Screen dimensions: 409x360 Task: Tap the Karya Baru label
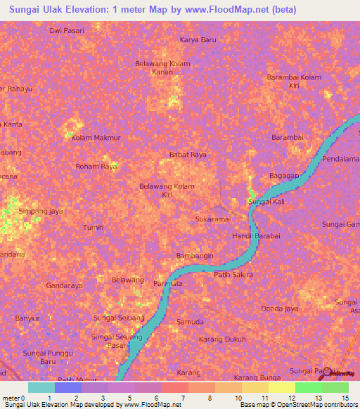point(198,40)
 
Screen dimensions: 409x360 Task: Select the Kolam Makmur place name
point(96,138)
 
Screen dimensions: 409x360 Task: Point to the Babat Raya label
point(188,154)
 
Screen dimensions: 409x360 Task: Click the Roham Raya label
point(96,167)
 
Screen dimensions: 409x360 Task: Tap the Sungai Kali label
point(266,202)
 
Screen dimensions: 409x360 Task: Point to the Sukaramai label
point(212,219)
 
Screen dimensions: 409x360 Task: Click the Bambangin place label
point(194,256)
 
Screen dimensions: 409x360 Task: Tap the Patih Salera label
point(233,275)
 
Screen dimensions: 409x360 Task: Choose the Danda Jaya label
point(280,309)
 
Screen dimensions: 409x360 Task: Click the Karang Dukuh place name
point(221,339)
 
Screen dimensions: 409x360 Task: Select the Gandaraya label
point(64,286)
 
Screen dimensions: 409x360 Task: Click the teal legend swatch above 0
point(41,387)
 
